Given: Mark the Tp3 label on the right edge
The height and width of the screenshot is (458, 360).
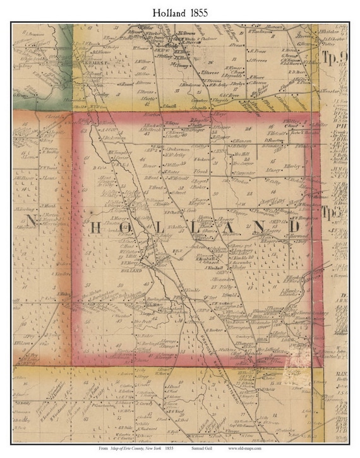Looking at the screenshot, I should tap(333, 213).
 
